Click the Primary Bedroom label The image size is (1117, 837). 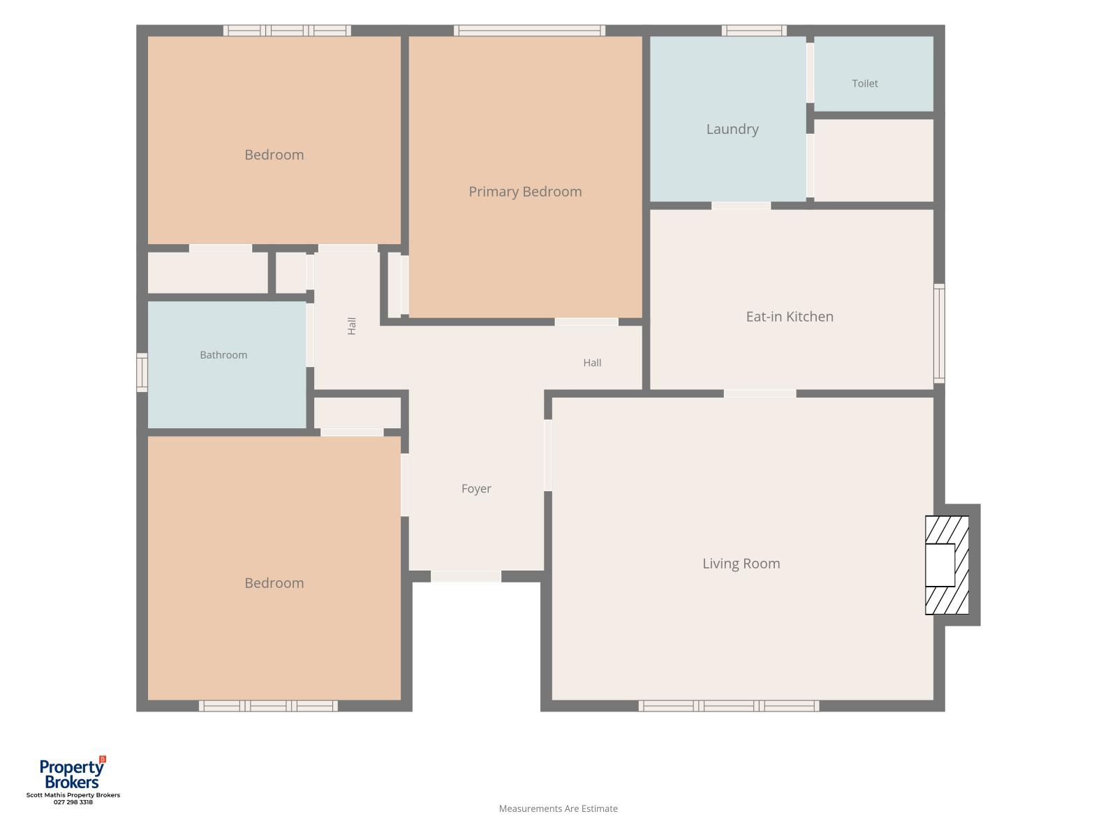(x=525, y=192)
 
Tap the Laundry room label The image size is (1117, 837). (x=732, y=129)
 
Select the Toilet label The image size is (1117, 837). (x=864, y=83)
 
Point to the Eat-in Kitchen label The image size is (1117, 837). (x=790, y=317)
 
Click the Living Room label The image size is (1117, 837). (x=741, y=563)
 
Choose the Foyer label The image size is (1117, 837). (x=476, y=488)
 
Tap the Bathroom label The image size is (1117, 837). (x=223, y=355)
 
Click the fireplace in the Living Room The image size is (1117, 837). (x=947, y=565)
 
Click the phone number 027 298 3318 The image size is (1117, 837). (x=73, y=802)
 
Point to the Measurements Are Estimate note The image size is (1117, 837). (x=558, y=808)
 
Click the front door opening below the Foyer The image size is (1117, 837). (x=466, y=576)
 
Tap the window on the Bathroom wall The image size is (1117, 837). (x=142, y=372)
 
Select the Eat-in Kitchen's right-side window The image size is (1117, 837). (x=939, y=333)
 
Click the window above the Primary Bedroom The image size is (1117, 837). (x=529, y=31)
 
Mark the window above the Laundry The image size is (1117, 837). (x=754, y=31)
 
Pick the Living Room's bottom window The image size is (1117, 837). (x=729, y=706)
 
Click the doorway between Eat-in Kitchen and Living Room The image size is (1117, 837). (x=760, y=393)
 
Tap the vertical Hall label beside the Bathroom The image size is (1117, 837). (x=351, y=326)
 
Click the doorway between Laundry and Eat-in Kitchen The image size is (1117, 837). (x=741, y=205)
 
